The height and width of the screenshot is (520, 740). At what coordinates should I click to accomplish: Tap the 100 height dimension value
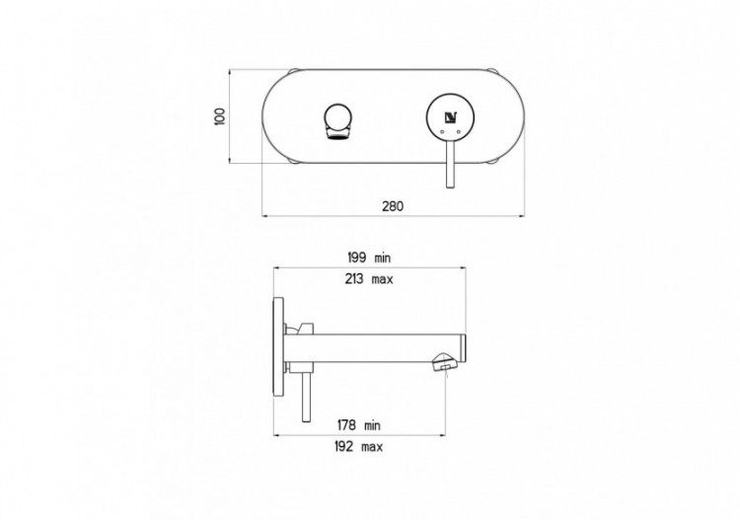[x=220, y=116]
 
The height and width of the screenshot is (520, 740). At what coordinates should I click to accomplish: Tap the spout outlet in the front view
[x=335, y=121]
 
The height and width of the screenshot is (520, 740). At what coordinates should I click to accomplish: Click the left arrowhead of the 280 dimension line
[x=265, y=214]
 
